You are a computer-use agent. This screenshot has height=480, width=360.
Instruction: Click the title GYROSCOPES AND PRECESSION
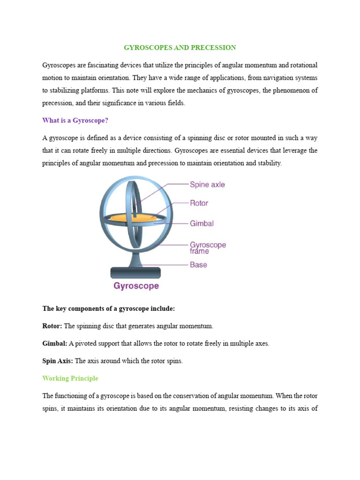pos(180,48)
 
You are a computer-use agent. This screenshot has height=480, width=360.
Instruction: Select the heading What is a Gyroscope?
pos(75,120)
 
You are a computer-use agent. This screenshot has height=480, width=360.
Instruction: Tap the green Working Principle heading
pos(70,378)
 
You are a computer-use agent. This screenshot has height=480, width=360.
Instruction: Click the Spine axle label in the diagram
pos(207,185)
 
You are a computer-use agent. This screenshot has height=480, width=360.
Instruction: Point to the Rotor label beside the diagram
pos(199,203)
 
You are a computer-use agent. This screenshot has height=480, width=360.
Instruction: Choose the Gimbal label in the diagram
pos(202,224)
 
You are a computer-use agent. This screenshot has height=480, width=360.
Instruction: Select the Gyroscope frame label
pos(208,247)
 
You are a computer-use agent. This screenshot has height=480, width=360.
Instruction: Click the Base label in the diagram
pos(198,265)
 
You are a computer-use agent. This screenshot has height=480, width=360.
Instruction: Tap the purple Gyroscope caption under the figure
pos(135,285)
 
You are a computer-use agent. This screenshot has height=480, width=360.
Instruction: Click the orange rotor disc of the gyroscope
pos(133,217)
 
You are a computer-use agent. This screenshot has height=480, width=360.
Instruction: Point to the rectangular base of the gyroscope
pos(135,272)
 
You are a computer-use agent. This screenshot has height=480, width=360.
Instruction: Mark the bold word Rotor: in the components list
pos(52,326)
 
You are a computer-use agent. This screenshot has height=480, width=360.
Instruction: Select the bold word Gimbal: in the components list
pos(55,344)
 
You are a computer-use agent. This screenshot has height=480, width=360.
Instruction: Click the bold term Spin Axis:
pos(58,361)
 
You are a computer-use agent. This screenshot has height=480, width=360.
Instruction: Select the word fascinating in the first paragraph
pos(102,65)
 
